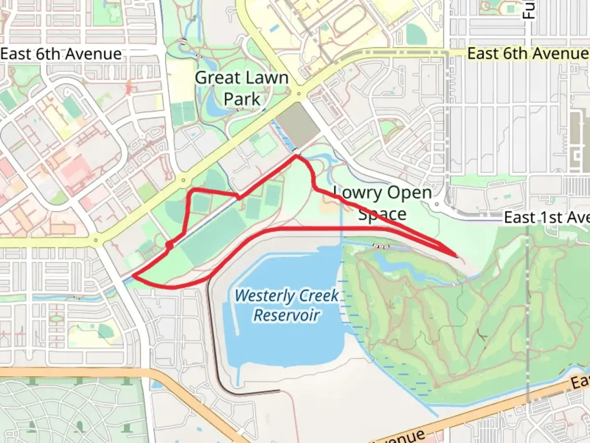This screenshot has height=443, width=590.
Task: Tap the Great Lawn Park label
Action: click(242, 88)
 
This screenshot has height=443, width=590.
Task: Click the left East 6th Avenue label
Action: click(61, 54)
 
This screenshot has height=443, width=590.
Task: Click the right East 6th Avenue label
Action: click(528, 54)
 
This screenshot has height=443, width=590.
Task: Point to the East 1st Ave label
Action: click(546, 218)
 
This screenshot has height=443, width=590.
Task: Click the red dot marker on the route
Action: click(169, 245)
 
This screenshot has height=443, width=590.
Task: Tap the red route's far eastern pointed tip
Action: click(457, 257)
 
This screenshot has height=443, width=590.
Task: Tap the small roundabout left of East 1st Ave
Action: click(437, 204)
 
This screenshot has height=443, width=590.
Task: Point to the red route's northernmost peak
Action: click(296, 155)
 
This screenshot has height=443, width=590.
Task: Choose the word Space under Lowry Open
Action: click(382, 214)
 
